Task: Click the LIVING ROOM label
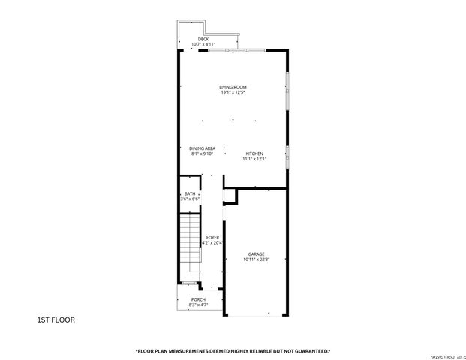click(233, 87)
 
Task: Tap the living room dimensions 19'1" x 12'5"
click(233, 92)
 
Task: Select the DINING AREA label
click(202, 148)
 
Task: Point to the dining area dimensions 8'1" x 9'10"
click(202, 154)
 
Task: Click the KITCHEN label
click(254, 154)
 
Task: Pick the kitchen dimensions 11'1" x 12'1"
click(254, 159)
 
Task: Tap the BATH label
click(190, 193)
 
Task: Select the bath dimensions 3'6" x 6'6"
click(190, 199)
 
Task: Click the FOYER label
click(213, 237)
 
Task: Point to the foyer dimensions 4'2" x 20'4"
click(213, 242)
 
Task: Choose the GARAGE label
click(256, 254)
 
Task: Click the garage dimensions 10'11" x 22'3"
click(256, 259)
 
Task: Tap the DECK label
click(203, 39)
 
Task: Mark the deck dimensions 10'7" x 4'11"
click(203, 44)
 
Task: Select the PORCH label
click(198, 299)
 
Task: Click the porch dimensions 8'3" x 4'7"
click(198, 304)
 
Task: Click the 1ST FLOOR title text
click(56, 319)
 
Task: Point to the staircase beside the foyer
click(191, 244)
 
